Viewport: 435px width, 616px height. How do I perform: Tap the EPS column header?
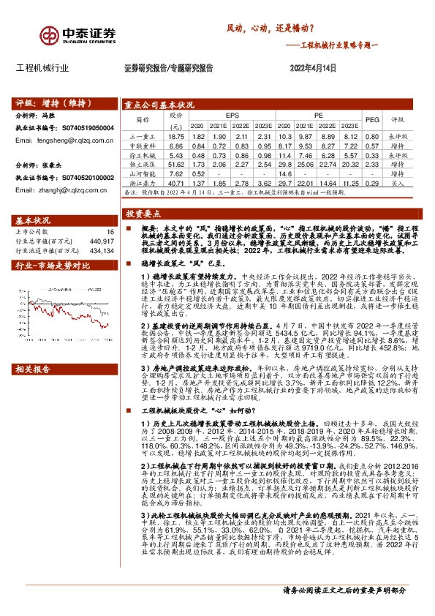click(232, 116)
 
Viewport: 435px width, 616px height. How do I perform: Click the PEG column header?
click(372, 120)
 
